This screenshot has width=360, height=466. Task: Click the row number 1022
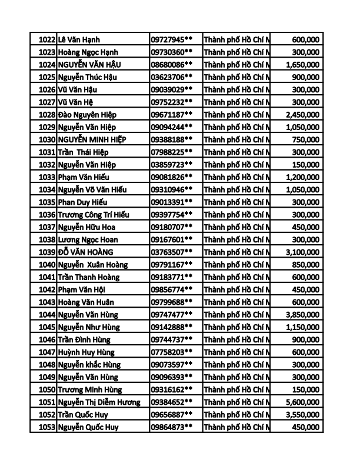coord(46,39)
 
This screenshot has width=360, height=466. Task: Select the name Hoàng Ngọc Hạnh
coord(88,52)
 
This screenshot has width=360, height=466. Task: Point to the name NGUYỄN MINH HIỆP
coord(92,139)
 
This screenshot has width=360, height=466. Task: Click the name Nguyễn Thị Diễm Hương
coord(99,402)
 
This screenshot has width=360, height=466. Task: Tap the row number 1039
coord(46,252)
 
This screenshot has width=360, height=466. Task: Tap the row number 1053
coord(46,427)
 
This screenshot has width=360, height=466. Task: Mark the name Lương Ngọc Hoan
coord(87,239)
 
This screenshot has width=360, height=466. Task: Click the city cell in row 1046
coord(236,339)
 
